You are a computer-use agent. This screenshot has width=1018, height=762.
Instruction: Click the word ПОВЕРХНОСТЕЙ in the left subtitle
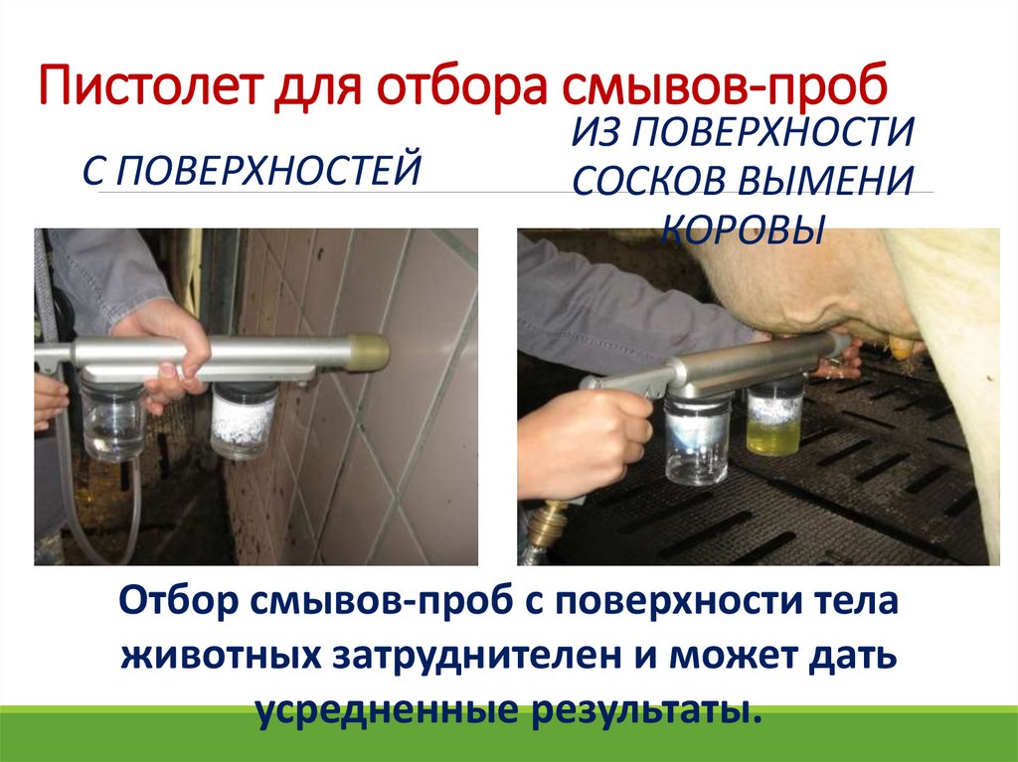click(270, 169)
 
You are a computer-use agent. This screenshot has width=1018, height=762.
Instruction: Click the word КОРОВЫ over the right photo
click(743, 229)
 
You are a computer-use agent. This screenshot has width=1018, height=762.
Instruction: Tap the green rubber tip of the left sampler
click(367, 353)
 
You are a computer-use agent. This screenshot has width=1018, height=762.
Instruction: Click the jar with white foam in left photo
click(243, 420)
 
